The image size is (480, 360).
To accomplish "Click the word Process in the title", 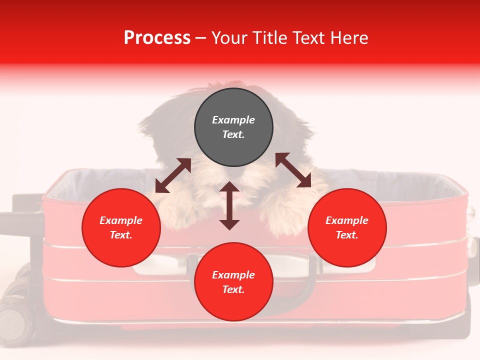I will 157,38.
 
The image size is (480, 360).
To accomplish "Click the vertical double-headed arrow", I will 229,205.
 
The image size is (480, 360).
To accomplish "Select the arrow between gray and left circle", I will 173,175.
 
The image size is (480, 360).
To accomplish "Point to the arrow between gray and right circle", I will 293,170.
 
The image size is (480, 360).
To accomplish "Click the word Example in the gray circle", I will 233,120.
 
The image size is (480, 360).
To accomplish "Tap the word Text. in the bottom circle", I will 233,289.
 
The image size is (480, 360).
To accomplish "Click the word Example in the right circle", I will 347,220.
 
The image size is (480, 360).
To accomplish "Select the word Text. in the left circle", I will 121,235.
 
